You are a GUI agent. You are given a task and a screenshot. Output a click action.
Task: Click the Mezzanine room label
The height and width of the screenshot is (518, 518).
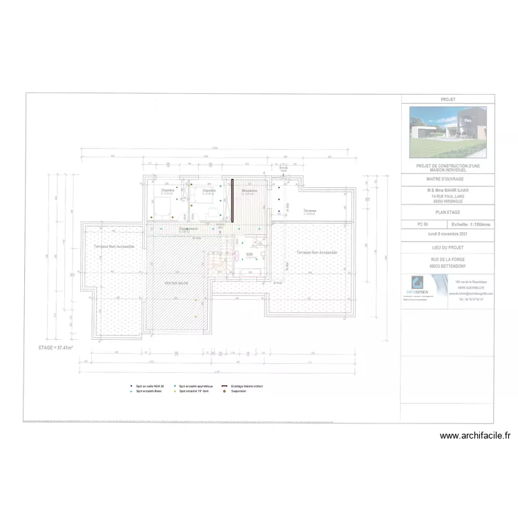249,191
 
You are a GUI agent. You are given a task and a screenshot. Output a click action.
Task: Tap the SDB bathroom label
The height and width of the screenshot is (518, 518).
249,254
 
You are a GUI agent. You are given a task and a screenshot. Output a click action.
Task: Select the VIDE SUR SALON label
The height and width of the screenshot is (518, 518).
178,283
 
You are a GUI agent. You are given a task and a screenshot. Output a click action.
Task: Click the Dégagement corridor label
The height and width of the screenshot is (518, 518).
189,229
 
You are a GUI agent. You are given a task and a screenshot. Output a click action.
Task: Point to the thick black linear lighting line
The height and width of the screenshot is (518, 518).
232,201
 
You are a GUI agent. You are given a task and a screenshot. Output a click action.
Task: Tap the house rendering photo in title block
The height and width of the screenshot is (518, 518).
448,131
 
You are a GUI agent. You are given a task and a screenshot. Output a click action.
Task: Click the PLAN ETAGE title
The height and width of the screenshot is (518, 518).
448,212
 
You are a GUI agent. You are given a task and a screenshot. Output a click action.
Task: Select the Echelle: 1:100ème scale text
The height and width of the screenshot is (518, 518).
471,224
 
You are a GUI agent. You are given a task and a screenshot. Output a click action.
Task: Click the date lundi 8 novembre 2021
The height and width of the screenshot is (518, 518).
448,235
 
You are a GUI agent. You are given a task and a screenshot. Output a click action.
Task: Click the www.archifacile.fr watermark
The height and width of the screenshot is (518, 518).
475,435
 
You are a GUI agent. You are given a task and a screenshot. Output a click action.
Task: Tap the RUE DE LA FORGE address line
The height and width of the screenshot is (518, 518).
448,259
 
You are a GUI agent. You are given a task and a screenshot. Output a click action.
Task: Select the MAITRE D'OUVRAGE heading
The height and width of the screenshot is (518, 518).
448,178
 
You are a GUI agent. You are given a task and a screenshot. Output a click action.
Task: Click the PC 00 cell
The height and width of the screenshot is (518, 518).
423,224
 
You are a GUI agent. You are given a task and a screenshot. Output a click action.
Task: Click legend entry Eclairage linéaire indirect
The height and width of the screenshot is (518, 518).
246,386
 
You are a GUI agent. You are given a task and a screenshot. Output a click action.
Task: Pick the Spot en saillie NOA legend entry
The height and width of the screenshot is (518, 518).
149,386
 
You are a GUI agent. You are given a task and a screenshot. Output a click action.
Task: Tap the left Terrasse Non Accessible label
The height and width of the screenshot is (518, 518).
114,246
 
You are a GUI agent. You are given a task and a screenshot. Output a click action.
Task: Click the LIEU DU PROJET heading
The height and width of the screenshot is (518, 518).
448,247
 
